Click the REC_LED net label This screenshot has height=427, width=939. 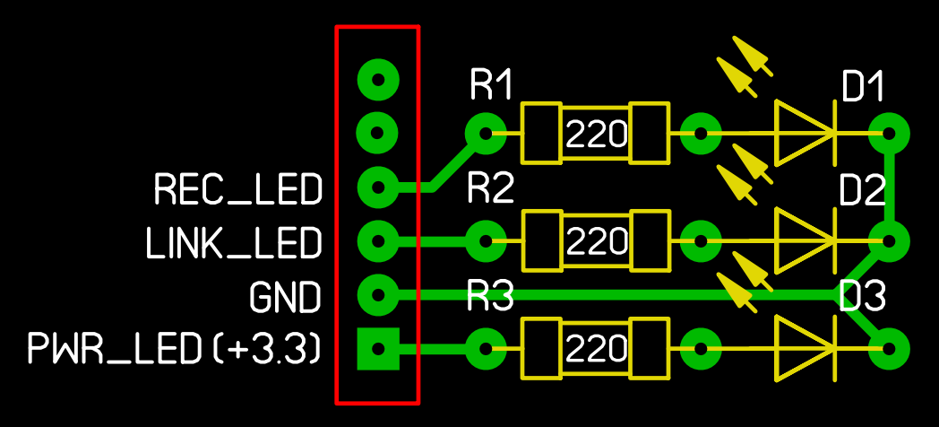tap(238, 189)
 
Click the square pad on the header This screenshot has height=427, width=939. tap(378, 349)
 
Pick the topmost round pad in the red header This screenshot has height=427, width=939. tap(378, 79)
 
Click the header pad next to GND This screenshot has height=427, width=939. tap(378, 294)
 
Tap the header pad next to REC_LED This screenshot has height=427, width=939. tap(378, 187)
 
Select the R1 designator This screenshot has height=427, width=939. tap(491, 84)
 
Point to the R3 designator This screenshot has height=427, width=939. tap(490, 296)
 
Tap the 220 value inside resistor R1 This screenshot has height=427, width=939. tap(596, 135)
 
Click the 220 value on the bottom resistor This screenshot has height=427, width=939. tap(596, 348)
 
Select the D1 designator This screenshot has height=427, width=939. tap(863, 88)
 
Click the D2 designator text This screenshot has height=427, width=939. tap(862, 192)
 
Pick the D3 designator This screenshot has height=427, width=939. tap(862, 296)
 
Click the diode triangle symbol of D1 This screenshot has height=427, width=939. tap(805, 133)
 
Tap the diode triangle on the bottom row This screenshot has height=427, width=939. tap(805, 348)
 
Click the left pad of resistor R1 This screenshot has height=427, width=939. tap(486, 133)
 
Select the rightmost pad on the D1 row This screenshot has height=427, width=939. tap(889, 133)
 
